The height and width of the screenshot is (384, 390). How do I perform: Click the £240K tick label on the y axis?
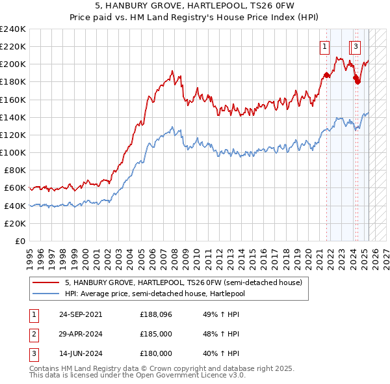13,29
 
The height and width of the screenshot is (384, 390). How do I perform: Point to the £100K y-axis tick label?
13,152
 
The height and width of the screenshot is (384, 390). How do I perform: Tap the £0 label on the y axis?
19,241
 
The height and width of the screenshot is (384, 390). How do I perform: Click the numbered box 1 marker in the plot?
324,46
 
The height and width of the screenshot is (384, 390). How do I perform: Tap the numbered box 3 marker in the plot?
356,46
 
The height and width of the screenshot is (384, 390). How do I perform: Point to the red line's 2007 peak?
172,71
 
